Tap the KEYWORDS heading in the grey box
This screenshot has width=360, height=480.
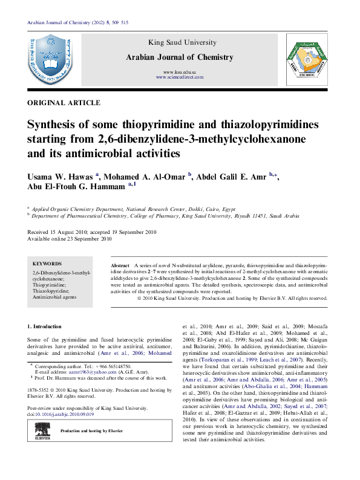(x=47, y=264)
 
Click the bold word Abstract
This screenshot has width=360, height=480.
(x=120, y=266)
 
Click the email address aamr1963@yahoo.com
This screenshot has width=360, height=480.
(x=87, y=372)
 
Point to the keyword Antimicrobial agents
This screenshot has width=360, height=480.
(x=54, y=297)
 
